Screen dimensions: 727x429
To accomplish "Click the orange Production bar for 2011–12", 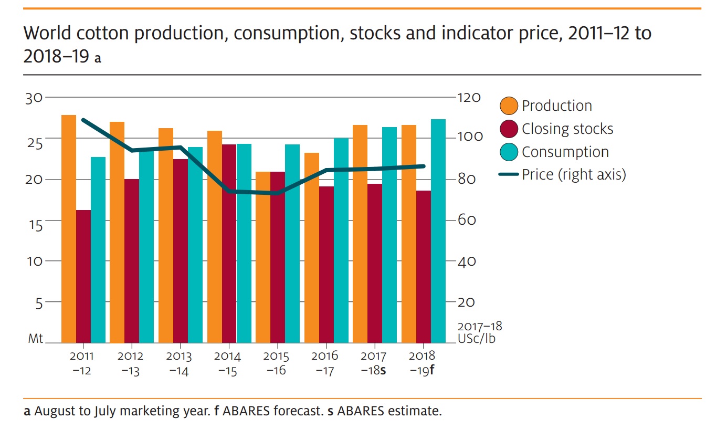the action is (x=68, y=229).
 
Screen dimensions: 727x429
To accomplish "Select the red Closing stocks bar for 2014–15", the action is (x=229, y=244).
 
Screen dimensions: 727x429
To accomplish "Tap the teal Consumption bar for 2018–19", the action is (x=438, y=231).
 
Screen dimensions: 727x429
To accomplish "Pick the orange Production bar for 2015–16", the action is (x=263, y=257).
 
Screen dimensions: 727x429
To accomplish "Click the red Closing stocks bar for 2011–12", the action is (x=83, y=276).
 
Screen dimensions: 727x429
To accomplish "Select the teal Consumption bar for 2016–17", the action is (x=341, y=240).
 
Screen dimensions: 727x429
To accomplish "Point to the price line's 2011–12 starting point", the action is (x=83, y=120).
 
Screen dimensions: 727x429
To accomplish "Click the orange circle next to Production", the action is (x=509, y=106).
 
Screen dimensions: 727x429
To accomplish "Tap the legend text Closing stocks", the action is (x=567, y=129).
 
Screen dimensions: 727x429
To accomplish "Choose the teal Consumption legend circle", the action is (x=509, y=152).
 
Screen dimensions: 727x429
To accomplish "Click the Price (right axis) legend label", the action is (x=574, y=175).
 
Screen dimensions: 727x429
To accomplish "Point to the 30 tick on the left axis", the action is (x=34, y=98).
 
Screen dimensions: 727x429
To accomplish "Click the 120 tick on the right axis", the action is (x=469, y=98).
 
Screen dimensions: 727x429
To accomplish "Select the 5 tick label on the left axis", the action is (x=39, y=304).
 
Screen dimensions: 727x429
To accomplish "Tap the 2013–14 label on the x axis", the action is (x=179, y=363).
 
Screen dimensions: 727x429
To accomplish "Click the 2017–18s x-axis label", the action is (x=373, y=363).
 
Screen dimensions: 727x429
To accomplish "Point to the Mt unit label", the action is (x=35, y=339).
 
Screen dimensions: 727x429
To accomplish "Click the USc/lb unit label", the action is (x=477, y=339).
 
